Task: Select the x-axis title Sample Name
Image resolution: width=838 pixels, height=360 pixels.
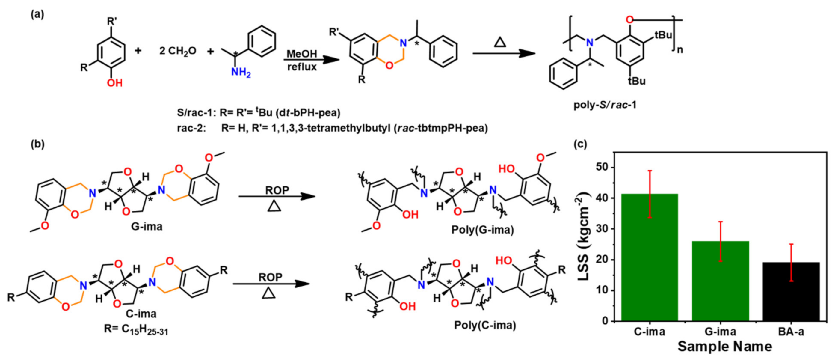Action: coord(725,346)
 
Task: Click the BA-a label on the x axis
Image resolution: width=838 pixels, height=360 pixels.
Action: coord(791,331)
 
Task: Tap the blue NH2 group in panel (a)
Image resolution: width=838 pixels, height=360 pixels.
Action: coord(241,72)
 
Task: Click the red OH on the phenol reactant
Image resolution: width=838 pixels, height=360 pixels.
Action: coord(114,83)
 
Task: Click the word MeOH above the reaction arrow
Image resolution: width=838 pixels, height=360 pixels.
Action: coord(302,54)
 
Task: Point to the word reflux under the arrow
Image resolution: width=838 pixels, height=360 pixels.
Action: coord(302,67)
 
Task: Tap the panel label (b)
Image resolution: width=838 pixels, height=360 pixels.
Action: coord(37,144)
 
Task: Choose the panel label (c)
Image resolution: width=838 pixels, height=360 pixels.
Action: coord(580,144)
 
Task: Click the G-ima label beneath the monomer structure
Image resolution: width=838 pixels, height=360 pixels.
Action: coord(147,226)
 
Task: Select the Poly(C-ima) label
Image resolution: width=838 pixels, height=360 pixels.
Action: coord(485,325)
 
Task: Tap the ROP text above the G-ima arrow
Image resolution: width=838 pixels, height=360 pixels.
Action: coord(277,190)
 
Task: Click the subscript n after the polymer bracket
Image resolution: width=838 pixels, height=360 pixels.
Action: coord(680,50)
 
